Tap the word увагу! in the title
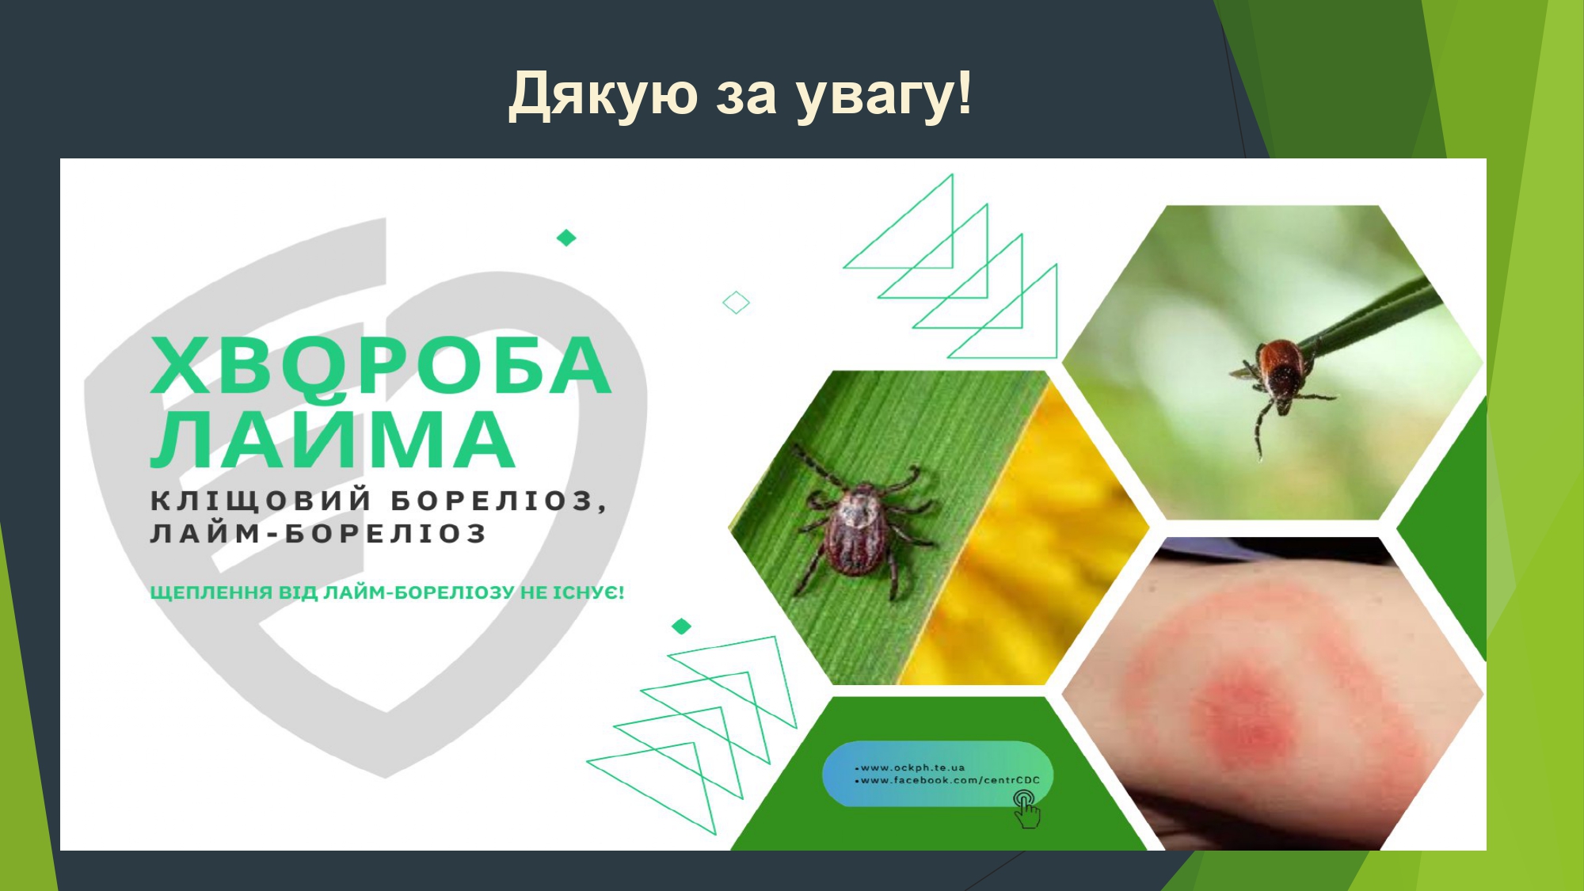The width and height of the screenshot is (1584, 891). coord(884,95)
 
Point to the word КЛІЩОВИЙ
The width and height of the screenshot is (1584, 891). coord(262,500)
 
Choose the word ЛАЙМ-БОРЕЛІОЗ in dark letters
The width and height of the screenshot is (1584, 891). coord(318,533)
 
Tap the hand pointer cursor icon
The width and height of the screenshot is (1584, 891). coord(1026,809)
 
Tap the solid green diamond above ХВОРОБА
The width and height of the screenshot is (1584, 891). coord(566,238)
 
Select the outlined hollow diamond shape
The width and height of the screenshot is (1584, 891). coord(737,303)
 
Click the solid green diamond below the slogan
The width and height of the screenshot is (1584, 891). coord(681,626)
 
